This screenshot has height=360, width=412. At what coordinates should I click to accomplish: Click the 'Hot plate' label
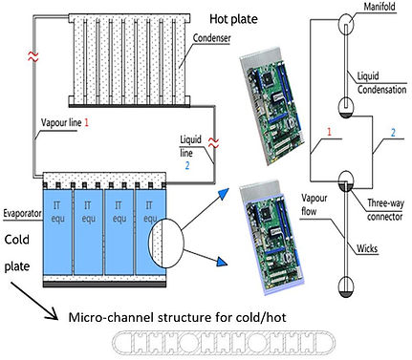pos(233,19)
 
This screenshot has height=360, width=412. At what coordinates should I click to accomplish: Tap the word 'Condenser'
pos(212,38)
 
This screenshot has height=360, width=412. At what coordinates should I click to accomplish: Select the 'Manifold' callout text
pos(379,7)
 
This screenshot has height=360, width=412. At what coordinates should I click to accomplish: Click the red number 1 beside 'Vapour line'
pos(86,122)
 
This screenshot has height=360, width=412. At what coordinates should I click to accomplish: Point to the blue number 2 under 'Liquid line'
pos(187,165)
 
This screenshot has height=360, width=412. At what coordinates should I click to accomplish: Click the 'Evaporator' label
pos(23,213)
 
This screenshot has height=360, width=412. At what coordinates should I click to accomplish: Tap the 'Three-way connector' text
pos(385,210)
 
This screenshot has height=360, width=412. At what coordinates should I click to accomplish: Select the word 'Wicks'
pos(367,248)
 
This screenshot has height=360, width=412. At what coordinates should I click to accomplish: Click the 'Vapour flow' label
pos(314,204)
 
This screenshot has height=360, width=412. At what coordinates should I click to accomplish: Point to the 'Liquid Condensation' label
pos(381,83)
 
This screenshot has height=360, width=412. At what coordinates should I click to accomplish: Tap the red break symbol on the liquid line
pos(213,142)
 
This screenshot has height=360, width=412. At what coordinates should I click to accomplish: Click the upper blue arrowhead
pos(224,193)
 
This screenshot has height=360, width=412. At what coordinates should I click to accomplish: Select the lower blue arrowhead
pos(222,262)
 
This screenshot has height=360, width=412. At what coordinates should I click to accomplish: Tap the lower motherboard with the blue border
pos(271,237)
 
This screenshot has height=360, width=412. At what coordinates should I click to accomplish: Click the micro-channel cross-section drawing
pos(224,343)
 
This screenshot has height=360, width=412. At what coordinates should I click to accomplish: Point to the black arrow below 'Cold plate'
pos(34,301)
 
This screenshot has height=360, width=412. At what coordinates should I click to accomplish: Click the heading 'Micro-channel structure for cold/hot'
pos(178,317)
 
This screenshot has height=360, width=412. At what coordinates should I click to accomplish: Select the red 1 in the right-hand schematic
pos(330,132)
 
